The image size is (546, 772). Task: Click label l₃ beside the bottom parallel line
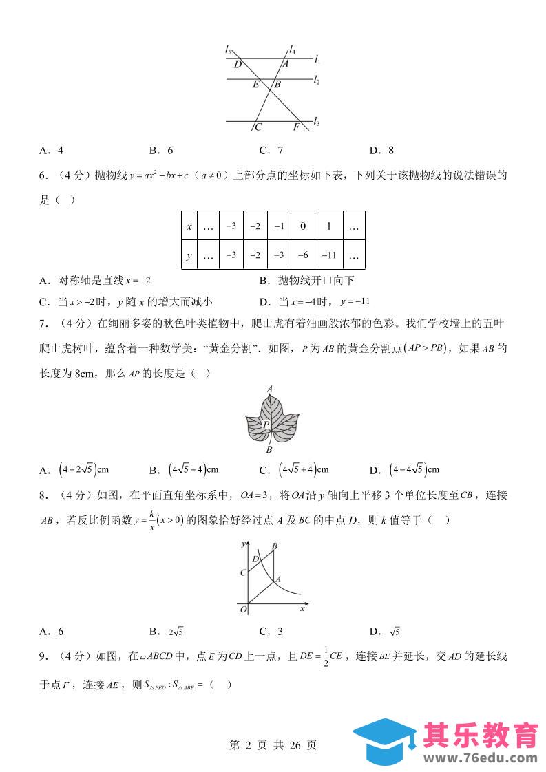(x=316, y=122)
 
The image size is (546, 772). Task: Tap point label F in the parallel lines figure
(x=297, y=127)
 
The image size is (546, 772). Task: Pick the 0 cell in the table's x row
(x=302, y=226)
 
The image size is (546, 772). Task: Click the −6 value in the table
(x=302, y=255)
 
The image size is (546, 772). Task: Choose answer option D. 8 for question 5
(x=381, y=150)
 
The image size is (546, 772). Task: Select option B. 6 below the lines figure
(x=161, y=150)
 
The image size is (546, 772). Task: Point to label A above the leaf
(x=270, y=389)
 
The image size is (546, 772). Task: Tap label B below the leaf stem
(x=270, y=450)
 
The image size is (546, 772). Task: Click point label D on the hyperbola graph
(x=255, y=559)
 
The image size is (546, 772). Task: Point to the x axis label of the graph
(x=302, y=609)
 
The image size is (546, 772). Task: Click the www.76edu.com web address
(x=482, y=758)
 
